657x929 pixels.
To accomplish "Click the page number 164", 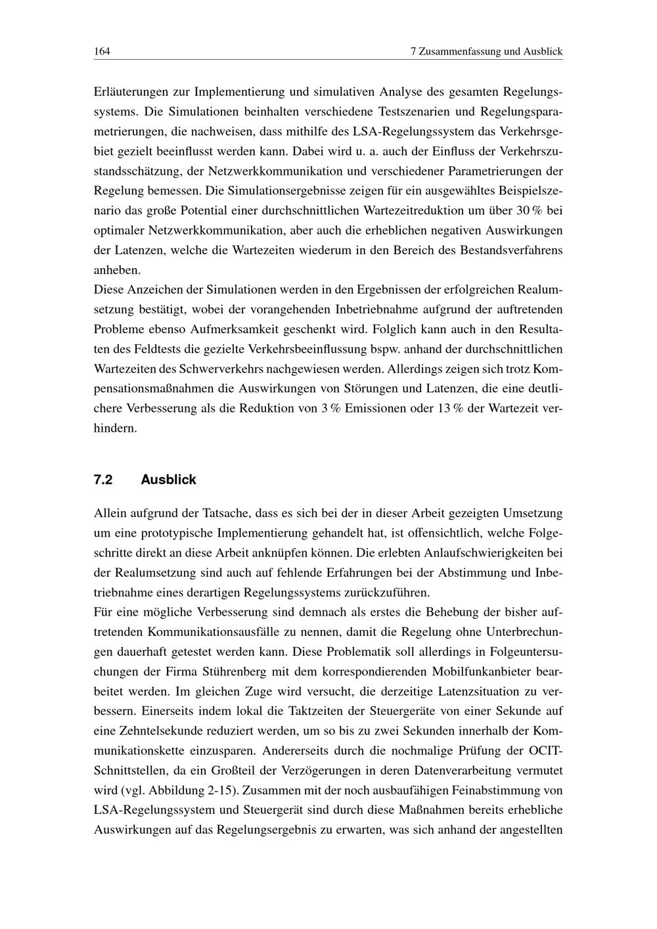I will (x=101, y=51).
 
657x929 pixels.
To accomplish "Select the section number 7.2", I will (x=103, y=480).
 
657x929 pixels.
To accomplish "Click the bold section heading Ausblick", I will (x=168, y=480).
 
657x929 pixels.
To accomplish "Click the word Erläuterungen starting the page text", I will (x=129, y=93).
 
